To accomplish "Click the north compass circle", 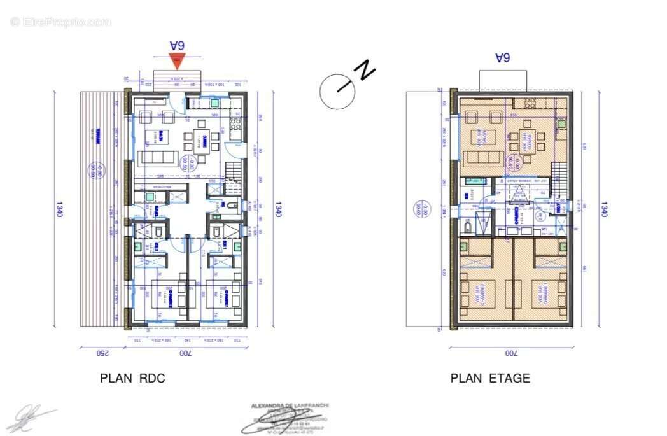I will pos(337,90).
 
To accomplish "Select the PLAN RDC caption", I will pos(132,378).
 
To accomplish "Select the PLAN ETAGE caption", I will pos(490,378).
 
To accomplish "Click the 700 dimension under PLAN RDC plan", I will pos(185,352).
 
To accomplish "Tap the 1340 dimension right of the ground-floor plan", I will pos(277,209).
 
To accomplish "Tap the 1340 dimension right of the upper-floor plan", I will pos(603,209).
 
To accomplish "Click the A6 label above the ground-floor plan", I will pos(177,45).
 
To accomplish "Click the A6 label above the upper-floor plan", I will pos(503,58).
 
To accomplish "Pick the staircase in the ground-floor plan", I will pos(234,171).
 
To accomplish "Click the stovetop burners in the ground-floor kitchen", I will pos(235,123).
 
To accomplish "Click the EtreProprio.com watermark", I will pos(60,22).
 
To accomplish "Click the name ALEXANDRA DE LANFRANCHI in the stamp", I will pos(290,406).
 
